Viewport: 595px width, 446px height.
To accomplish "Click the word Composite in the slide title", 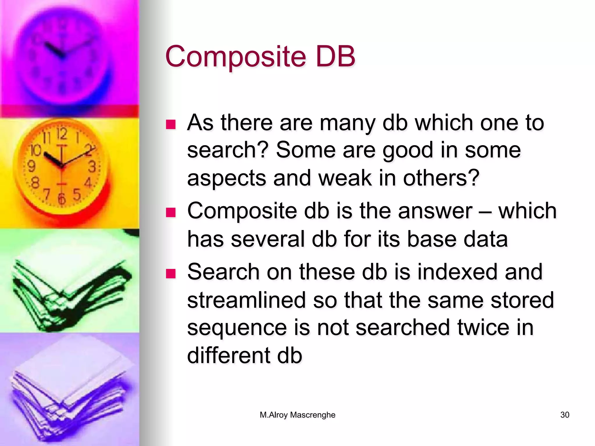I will (x=236, y=57).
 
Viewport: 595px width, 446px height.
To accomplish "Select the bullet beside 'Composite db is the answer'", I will (x=171, y=213).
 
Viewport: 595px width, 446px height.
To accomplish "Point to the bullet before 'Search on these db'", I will (x=171, y=274).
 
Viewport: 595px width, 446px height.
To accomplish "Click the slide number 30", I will (x=564, y=415).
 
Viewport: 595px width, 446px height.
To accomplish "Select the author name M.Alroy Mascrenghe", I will (x=297, y=415).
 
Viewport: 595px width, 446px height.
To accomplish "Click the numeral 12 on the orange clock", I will (x=62, y=134).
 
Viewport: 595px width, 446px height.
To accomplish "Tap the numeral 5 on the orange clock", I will (x=77, y=194).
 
